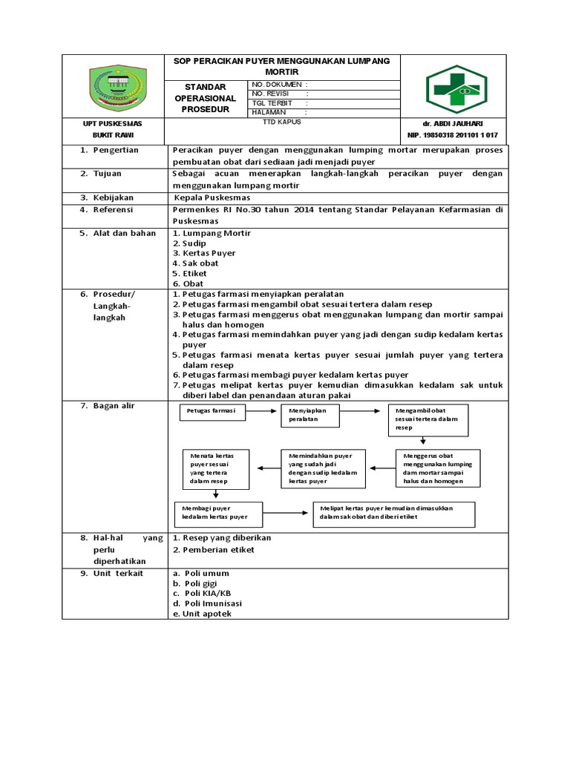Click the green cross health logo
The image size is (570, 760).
456,89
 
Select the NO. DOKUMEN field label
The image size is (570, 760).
278,85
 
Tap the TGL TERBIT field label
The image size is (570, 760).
273,103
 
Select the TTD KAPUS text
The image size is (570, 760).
277,121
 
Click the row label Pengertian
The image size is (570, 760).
113,150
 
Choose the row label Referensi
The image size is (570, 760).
112,210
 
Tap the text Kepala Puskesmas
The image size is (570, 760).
212,198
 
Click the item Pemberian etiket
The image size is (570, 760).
214,549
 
